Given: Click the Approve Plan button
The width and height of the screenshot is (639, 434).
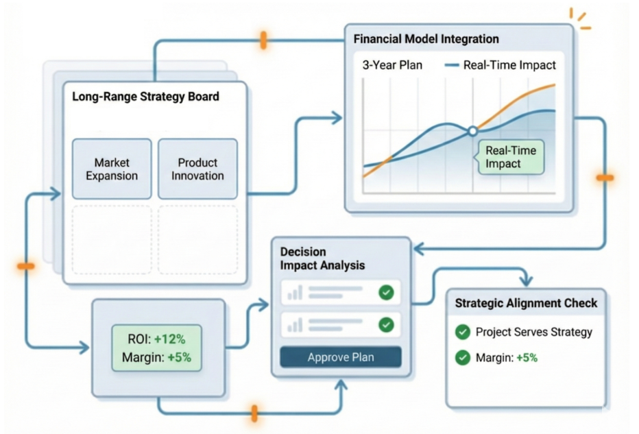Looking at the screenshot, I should point(340,357).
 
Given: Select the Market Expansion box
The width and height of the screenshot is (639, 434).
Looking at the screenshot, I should point(112,169).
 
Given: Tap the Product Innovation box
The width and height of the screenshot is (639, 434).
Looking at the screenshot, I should point(197,169).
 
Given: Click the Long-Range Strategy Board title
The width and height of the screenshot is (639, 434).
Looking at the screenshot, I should point(145,97).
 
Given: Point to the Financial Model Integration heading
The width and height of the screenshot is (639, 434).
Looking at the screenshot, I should point(426,39).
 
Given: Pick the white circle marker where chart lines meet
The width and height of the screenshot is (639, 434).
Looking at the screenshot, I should point(472,130).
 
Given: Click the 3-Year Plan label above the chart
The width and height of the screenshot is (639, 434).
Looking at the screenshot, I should point(392,66).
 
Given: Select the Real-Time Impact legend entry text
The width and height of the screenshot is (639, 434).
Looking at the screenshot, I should point(509,66).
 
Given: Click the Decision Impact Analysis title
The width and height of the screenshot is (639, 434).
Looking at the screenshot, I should point(322,258).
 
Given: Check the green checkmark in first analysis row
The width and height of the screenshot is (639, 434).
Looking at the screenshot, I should point(386,293).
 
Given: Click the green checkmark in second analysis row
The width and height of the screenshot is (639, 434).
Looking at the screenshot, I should point(386,324).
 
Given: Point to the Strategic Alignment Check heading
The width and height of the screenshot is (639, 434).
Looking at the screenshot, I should point(526,303).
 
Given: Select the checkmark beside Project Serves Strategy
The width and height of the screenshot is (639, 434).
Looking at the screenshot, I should point(463,333).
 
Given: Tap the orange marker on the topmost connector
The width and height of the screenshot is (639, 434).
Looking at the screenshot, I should point(263,40).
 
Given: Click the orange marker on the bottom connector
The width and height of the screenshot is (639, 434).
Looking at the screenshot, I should point(254,413).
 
